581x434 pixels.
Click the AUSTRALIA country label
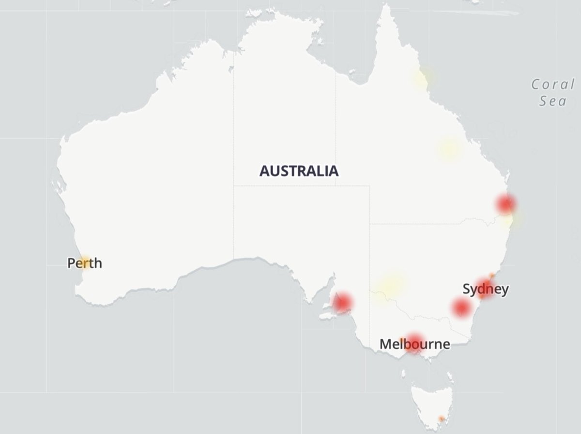[299, 171]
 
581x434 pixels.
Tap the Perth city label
[85, 263]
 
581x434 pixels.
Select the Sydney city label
[486, 289]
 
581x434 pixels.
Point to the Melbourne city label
[414, 345]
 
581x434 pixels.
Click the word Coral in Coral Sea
[552, 85]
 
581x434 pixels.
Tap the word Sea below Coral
[554, 101]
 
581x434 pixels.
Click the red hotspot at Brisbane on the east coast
[506, 204]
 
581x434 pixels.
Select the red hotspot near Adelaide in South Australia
[342, 303]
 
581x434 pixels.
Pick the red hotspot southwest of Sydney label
[461, 307]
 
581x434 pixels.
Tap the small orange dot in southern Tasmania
[441, 419]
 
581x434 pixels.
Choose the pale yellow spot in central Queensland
[449, 149]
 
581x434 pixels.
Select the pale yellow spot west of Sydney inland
[391, 285]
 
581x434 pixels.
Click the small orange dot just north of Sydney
[492, 275]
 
